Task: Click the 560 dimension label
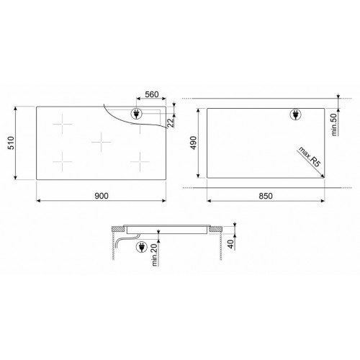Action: tap(151, 95)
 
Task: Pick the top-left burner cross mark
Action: tap(66, 124)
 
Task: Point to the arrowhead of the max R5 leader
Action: tap(322, 176)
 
